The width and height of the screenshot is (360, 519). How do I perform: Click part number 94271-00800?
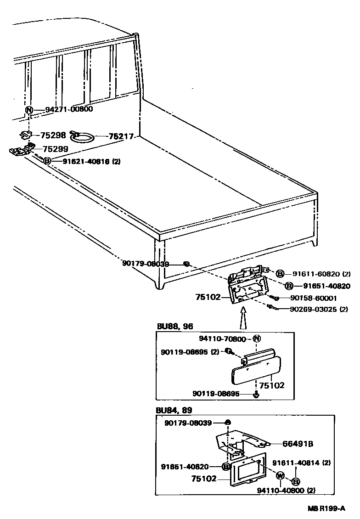pos(69,109)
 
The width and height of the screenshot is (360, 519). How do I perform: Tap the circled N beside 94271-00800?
pos(29,110)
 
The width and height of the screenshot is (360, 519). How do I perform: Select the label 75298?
pos(53,135)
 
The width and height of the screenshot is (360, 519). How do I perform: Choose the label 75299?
pos(55,149)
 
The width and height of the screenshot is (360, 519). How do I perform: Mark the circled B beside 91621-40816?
pos(47,161)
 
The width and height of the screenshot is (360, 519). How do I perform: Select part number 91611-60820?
pos(317,274)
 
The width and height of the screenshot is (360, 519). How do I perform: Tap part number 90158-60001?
pos(313,298)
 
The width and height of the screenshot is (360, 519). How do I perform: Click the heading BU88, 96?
pos(175,326)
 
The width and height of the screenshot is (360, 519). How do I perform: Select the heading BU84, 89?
pos(174,410)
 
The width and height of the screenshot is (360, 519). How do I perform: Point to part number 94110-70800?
pos(223,338)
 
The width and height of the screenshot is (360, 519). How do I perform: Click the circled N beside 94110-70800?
pos(257,338)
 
